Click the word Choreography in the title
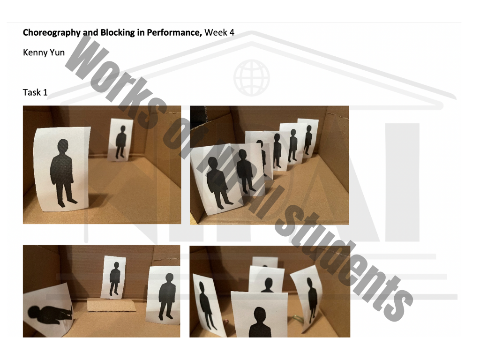tap(52, 33)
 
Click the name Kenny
tap(34, 52)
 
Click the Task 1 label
tap(35, 92)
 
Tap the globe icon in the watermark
tap(252, 77)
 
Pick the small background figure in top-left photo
tap(121, 140)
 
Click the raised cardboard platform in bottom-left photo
tap(112, 306)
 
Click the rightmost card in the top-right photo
tap(308, 136)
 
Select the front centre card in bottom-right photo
tap(259, 316)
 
